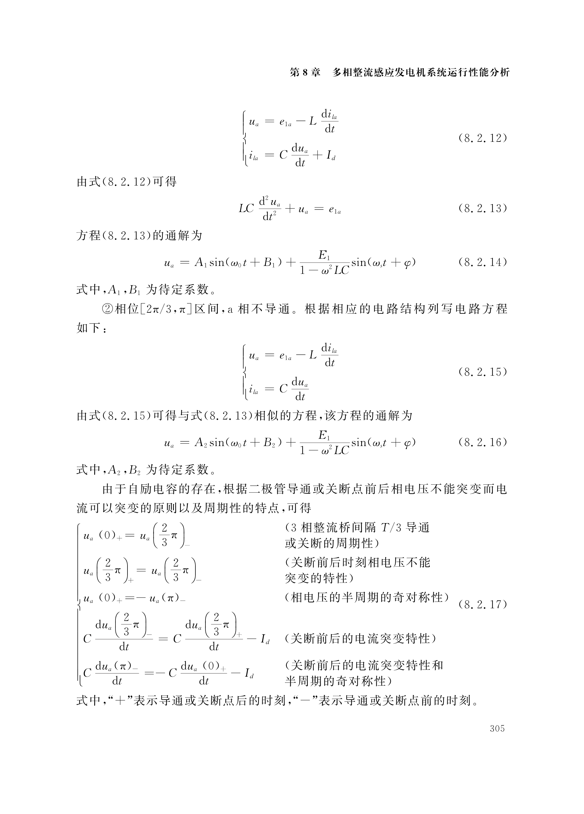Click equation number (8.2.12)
[482, 138]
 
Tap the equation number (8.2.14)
[482, 262]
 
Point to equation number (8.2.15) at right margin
[482, 372]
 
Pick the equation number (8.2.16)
[482, 442]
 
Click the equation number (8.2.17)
[482, 605]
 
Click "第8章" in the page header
[305, 73]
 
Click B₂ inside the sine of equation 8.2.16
[269, 443]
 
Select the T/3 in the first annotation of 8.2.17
[391, 527]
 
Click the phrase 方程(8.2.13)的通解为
[140, 235]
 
